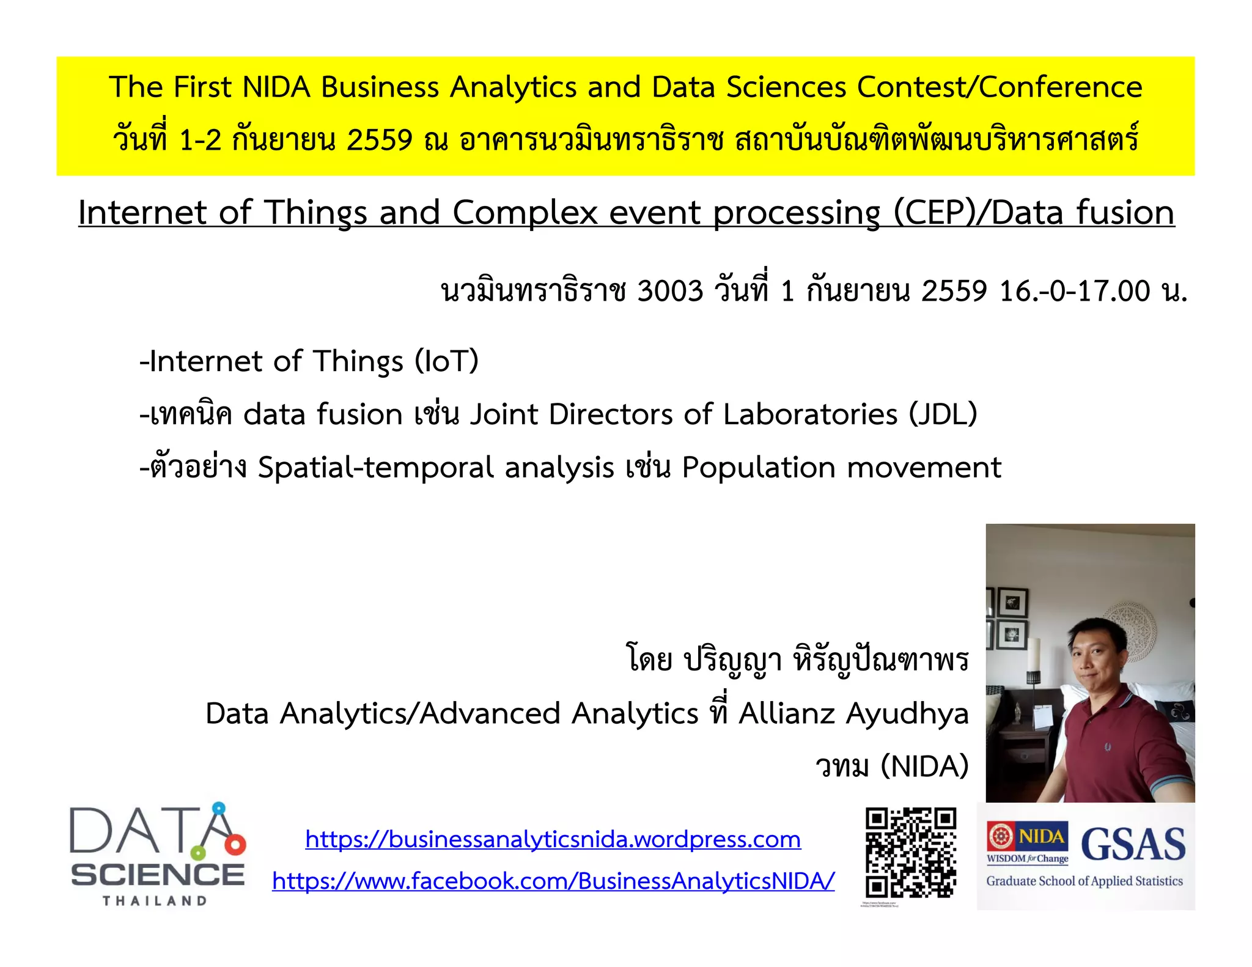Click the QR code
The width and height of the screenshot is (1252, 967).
pyautogui.click(x=910, y=852)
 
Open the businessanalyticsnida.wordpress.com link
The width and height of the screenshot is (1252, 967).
pyautogui.click(x=553, y=840)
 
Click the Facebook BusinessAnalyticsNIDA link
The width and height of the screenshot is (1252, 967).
pyautogui.click(x=553, y=881)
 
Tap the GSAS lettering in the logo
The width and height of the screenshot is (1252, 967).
pyautogui.click(x=1133, y=844)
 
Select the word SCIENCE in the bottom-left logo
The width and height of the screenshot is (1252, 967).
pyautogui.click(x=158, y=875)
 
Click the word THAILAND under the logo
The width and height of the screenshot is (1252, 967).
pyautogui.click(x=155, y=901)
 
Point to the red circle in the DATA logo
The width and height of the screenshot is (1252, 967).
pyautogui.click(x=235, y=845)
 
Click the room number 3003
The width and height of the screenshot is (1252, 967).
pyautogui.click(x=670, y=291)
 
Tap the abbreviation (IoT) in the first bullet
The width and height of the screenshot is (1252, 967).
pyautogui.click(x=446, y=361)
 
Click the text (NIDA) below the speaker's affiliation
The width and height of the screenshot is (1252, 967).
pyautogui.click(x=924, y=766)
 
